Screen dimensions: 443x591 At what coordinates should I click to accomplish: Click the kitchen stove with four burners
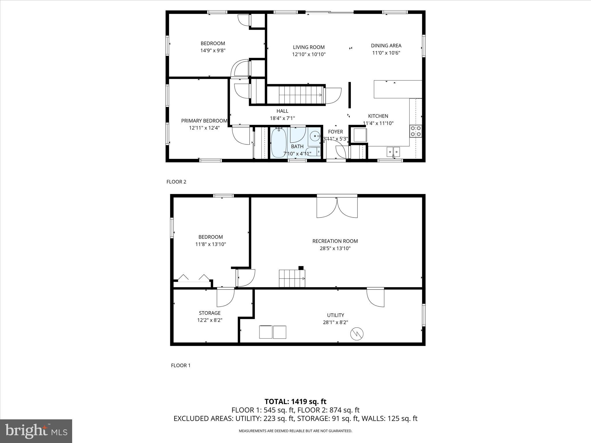(x=416, y=131)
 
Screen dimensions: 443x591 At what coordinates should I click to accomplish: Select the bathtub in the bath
(x=278, y=142)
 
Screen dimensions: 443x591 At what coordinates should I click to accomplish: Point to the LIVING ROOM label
(x=308, y=47)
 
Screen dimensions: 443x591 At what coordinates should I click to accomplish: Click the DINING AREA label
(x=386, y=46)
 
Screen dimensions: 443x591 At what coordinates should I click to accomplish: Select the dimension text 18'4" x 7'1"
(x=282, y=118)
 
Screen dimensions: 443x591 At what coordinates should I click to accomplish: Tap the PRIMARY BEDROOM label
(x=204, y=121)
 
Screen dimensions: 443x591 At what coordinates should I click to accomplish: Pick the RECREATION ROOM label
(x=335, y=241)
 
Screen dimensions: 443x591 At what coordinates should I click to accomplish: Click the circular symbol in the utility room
(x=357, y=334)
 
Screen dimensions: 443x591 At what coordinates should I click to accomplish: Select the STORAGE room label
(x=210, y=313)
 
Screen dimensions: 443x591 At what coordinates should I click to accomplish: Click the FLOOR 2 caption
(x=176, y=182)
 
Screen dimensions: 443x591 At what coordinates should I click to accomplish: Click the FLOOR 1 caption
(x=181, y=365)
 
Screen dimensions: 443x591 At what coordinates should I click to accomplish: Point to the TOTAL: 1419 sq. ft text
(x=295, y=401)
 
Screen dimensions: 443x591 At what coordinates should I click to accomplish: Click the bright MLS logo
(x=36, y=431)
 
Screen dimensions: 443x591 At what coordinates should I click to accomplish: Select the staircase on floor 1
(x=292, y=278)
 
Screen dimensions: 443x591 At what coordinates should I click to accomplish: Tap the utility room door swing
(x=375, y=297)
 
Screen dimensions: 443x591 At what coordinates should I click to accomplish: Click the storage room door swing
(x=225, y=297)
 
